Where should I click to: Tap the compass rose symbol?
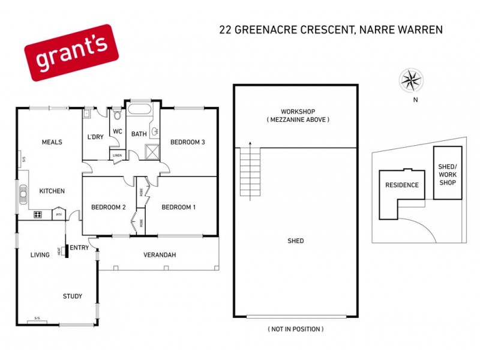pyautogui.click(x=411, y=80)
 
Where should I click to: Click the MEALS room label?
pyautogui.click(x=52, y=142)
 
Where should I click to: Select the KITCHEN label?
pyautogui.click(x=52, y=191)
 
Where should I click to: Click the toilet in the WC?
pyautogui.click(x=118, y=115)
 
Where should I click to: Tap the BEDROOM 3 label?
pyautogui.click(x=188, y=142)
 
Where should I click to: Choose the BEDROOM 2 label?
pyautogui.click(x=108, y=208)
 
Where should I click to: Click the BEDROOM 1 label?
pyautogui.click(x=179, y=208)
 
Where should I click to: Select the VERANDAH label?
pyautogui.click(x=160, y=255)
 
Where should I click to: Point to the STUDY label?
pyautogui.click(x=73, y=296)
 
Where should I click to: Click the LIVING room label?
pyautogui.click(x=40, y=255)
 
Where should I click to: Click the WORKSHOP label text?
pyautogui.click(x=298, y=112)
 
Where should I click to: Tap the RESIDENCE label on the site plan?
pyautogui.click(x=401, y=185)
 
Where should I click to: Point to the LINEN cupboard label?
pyautogui.click(x=118, y=157)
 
